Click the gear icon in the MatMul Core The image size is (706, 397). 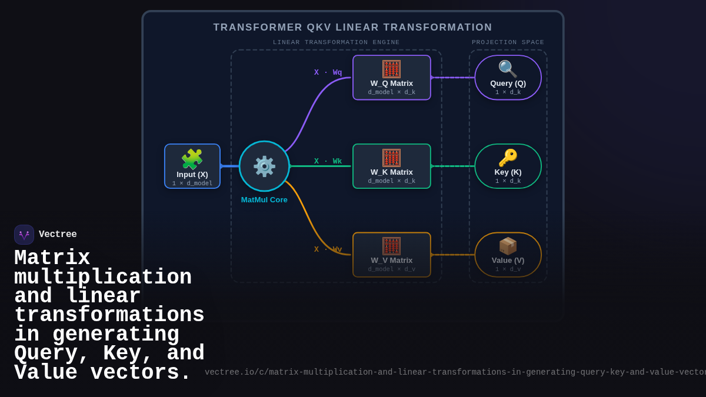[x=264, y=166]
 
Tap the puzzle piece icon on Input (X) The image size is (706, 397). [x=192, y=159]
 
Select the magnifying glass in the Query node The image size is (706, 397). [x=508, y=69]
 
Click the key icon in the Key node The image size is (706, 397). [x=508, y=158]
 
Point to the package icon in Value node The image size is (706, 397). [x=508, y=246]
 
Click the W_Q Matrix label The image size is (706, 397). [x=391, y=84]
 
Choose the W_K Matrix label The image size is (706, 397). [x=391, y=172]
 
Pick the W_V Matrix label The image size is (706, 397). [x=391, y=261]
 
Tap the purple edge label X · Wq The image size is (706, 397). [x=328, y=72]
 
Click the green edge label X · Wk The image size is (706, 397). [x=328, y=161]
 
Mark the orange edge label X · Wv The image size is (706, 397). [x=328, y=249]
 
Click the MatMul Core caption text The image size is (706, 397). [x=264, y=200]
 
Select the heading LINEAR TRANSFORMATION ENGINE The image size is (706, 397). [x=336, y=42]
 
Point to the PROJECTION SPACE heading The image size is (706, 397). [x=508, y=42]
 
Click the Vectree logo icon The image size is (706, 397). [x=24, y=235]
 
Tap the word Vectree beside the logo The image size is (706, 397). [x=58, y=235]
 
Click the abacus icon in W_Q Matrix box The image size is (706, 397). [x=391, y=69]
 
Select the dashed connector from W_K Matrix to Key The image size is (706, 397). [x=452, y=166]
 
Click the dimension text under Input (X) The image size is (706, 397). [x=192, y=184]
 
